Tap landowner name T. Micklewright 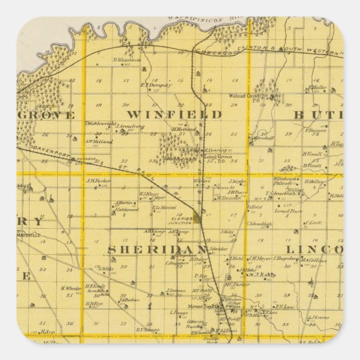click(101, 123)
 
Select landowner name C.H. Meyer click(260, 258)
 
